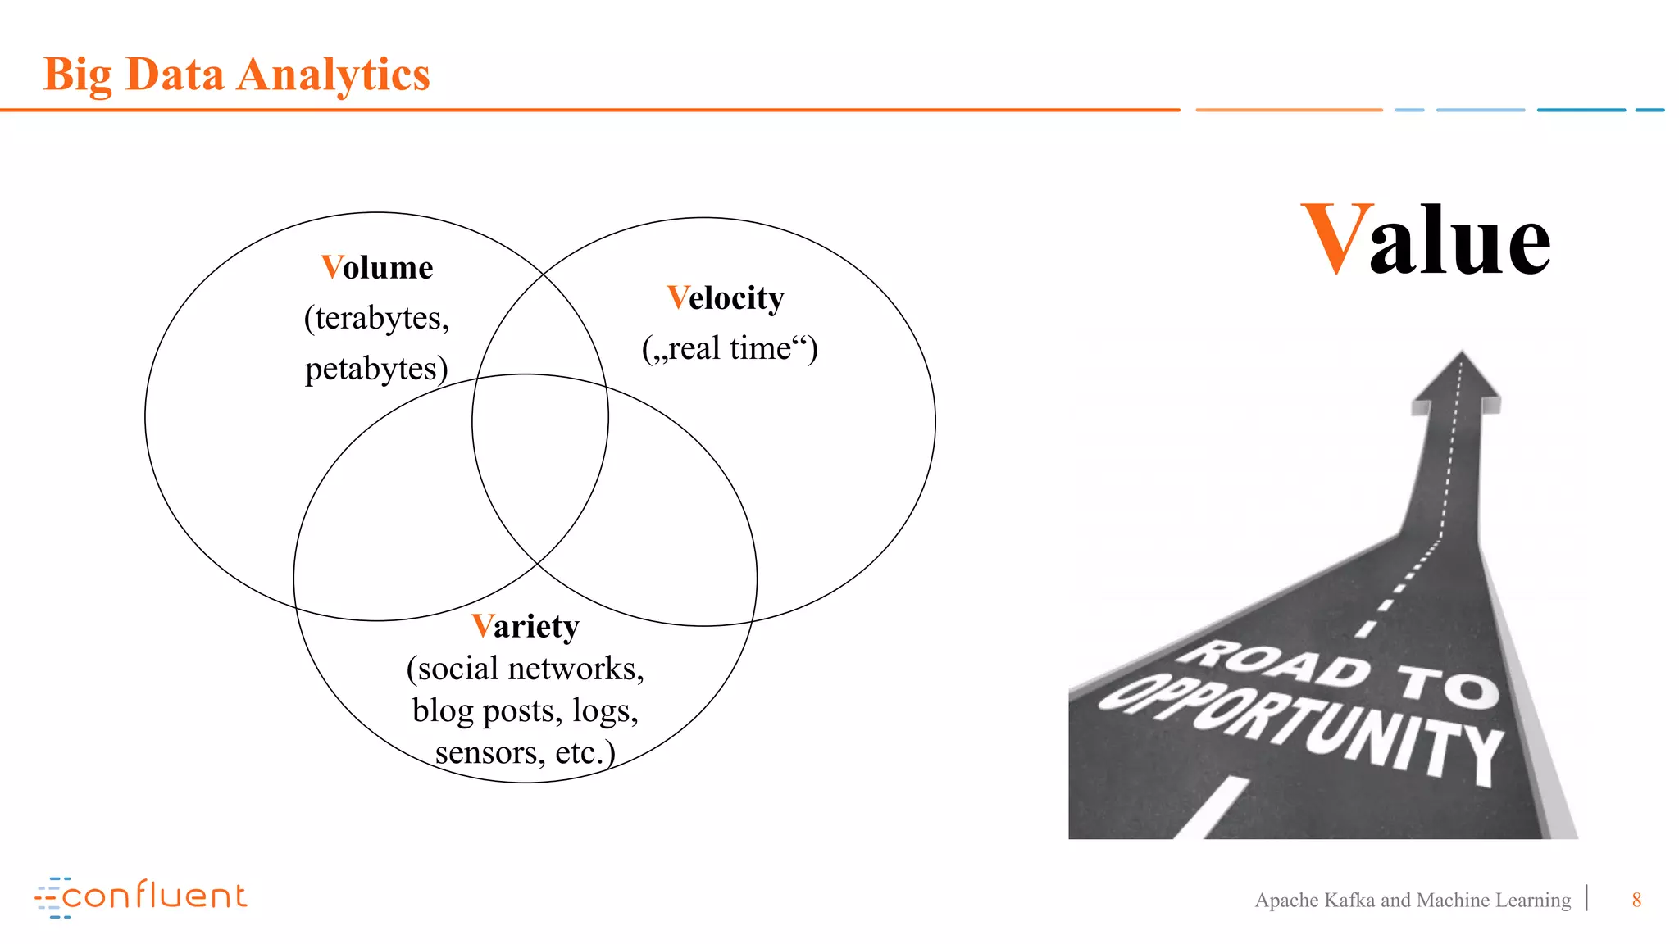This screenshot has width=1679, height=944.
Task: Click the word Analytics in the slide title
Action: tap(333, 75)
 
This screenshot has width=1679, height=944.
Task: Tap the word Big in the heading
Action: tap(77, 75)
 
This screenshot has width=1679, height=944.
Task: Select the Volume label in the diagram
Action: tap(377, 268)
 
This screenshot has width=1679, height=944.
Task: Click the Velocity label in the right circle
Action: tap(726, 298)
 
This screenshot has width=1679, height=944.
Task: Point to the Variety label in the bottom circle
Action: tap(526, 627)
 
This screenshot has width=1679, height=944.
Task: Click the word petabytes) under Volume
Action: tap(376, 369)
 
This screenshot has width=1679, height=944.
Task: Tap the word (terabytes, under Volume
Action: tap(376, 318)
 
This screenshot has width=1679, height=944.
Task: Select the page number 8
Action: tap(1636, 900)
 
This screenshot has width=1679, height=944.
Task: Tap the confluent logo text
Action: tap(154, 896)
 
